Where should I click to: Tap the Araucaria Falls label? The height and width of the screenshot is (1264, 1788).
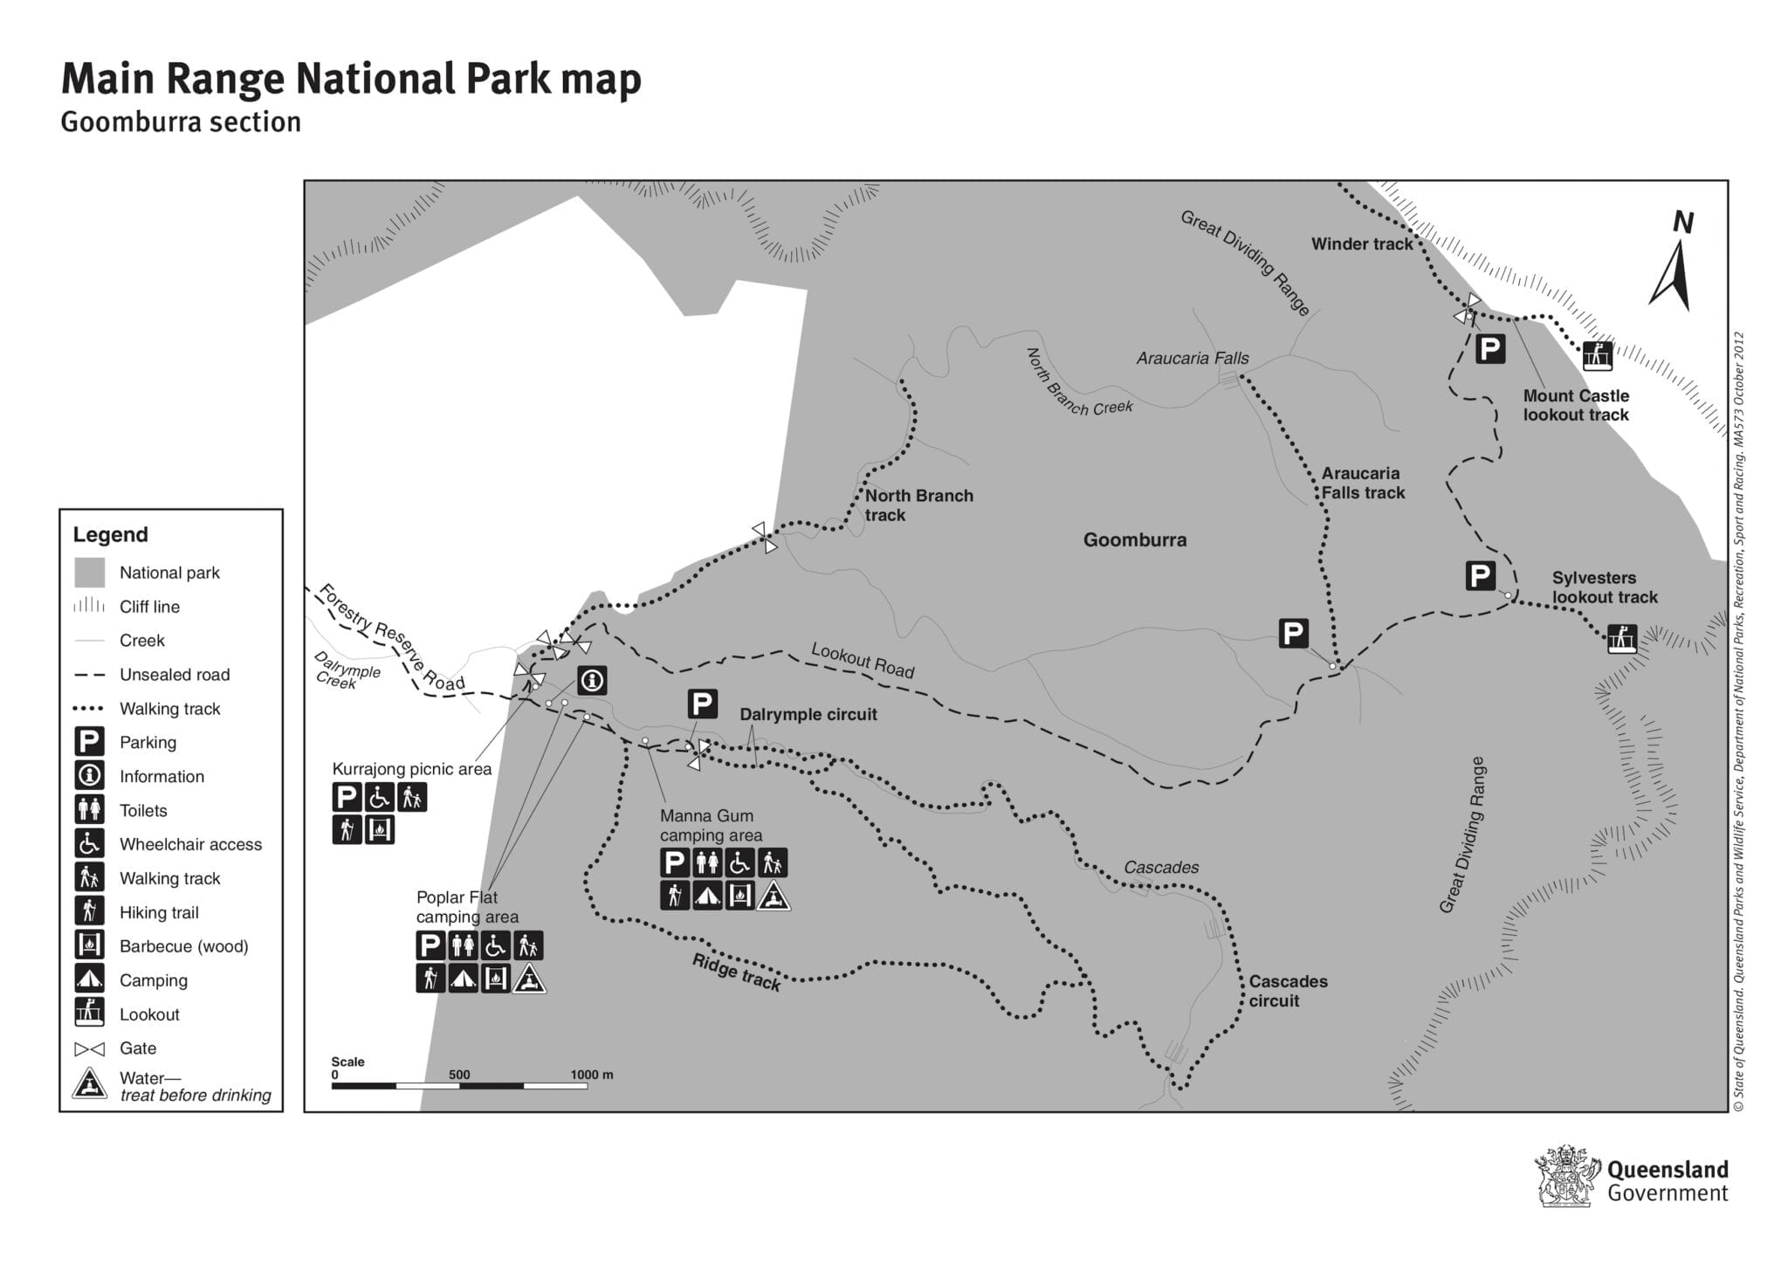pyautogui.click(x=1192, y=358)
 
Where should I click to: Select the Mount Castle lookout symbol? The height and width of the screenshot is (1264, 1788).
pyautogui.click(x=1597, y=355)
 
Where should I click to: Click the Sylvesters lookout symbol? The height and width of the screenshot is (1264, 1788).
pyautogui.click(x=1621, y=638)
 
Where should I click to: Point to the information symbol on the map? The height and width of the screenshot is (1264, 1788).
pyautogui.click(x=592, y=680)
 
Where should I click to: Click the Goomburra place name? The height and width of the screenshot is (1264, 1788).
pyautogui.click(x=1134, y=539)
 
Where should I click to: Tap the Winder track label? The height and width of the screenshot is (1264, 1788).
pyautogui.click(x=1361, y=244)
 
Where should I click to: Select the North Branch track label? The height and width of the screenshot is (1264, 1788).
pyautogui.click(x=918, y=505)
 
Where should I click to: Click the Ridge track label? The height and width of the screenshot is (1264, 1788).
pyautogui.click(x=735, y=972)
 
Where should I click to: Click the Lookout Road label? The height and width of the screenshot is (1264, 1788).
pyautogui.click(x=862, y=660)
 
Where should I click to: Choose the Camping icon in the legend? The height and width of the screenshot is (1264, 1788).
pyautogui.click(x=89, y=979)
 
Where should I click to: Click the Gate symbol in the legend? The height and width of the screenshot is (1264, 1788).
pyautogui.click(x=89, y=1048)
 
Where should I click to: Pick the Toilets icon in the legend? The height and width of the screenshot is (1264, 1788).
pyautogui.click(x=89, y=810)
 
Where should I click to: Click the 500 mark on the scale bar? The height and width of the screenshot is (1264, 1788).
pyautogui.click(x=459, y=1075)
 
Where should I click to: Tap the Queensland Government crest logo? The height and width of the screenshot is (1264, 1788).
pyautogui.click(x=1567, y=1176)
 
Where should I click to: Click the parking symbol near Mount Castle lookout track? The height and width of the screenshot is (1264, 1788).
pyautogui.click(x=1489, y=349)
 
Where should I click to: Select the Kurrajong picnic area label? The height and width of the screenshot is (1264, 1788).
pyautogui.click(x=411, y=769)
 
